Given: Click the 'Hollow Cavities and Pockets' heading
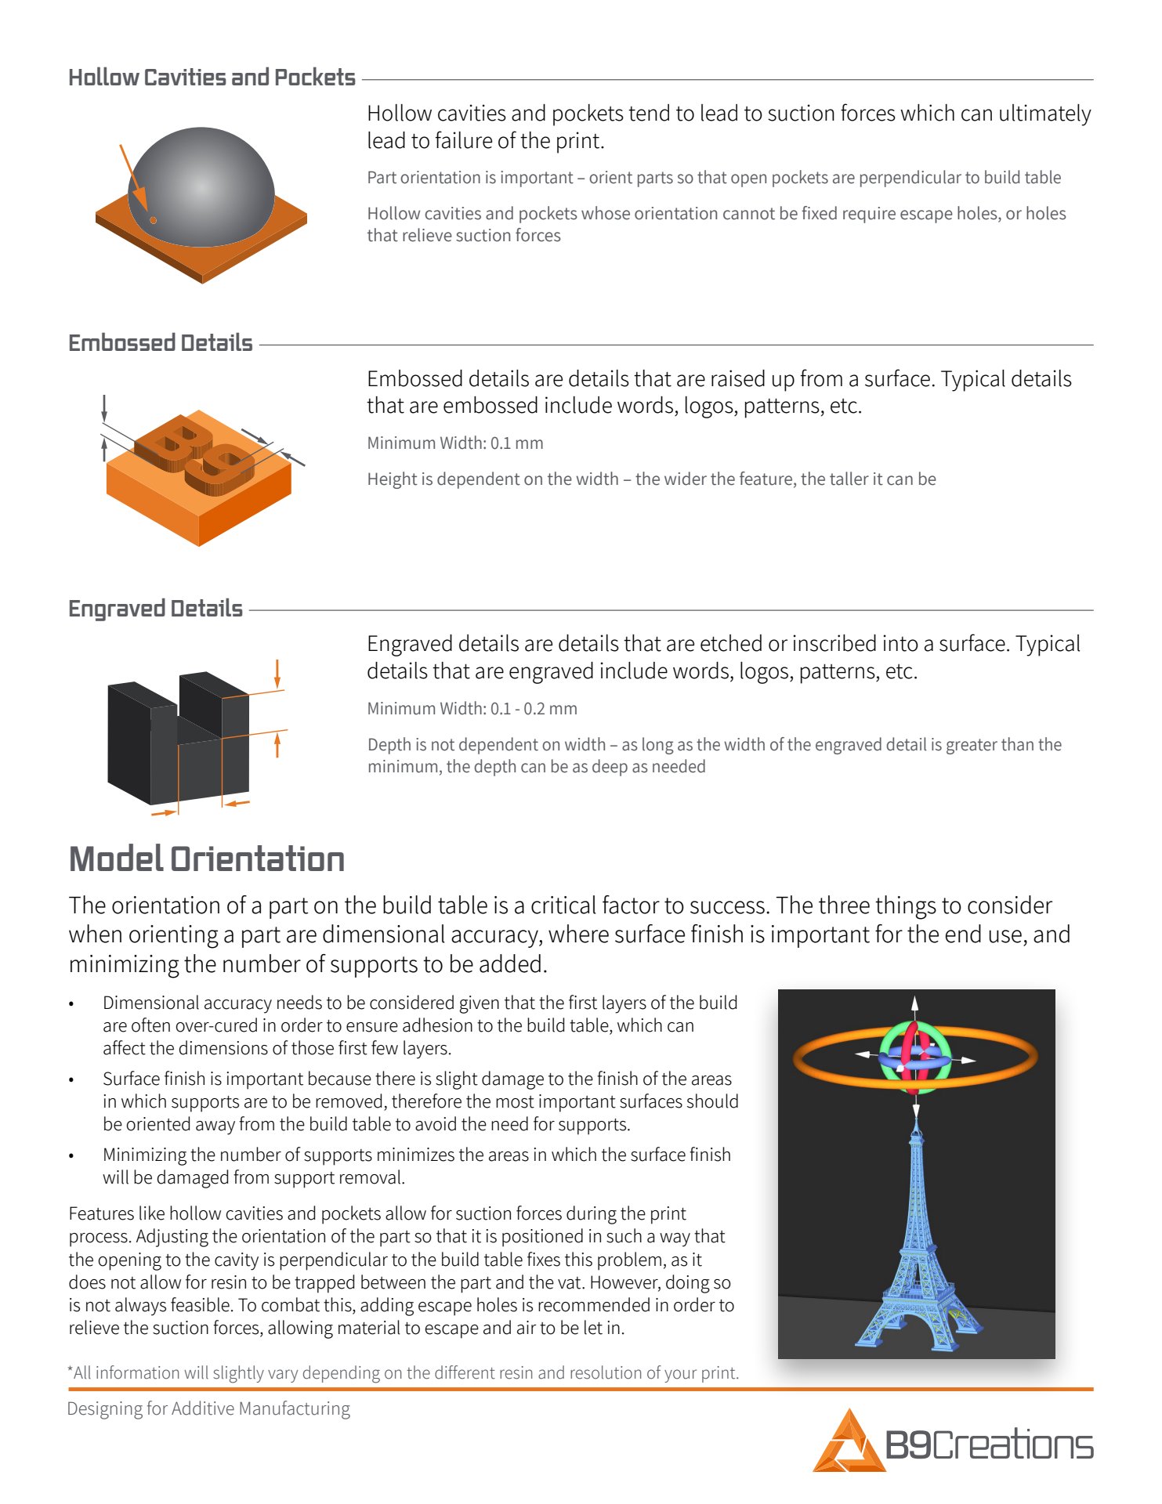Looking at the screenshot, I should click(x=212, y=78).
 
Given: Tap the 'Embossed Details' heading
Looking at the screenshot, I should click(x=160, y=343).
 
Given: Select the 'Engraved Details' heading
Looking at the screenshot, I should click(x=155, y=609).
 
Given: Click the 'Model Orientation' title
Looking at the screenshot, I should click(x=207, y=859).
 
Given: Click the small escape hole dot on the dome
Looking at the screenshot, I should click(x=153, y=220).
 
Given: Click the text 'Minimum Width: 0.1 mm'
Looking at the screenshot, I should click(x=454, y=443).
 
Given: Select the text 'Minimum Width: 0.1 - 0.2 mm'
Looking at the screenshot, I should click(x=472, y=709).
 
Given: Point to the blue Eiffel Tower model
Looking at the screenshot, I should click(x=917, y=1253).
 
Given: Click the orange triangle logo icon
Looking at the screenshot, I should click(x=848, y=1443).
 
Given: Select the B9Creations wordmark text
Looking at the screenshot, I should click(x=989, y=1444).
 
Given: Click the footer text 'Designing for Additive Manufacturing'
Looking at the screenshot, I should click(x=208, y=1408).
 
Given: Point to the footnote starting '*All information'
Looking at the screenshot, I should click(x=403, y=1372).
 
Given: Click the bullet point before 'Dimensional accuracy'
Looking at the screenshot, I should click(x=71, y=1004).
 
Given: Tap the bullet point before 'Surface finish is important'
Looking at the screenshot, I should click(x=71, y=1080).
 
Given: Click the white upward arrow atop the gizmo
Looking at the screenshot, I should click(x=914, y=1004).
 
